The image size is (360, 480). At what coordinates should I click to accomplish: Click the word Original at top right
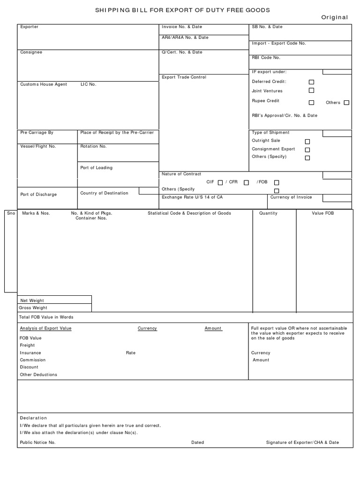pos(334,17)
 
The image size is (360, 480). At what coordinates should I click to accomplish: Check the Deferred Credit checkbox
pos(311,82)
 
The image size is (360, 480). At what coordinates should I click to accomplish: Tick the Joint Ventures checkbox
pos(311,90)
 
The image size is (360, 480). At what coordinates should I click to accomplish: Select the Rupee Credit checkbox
pos(311,102)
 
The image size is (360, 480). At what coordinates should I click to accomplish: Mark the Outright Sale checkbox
pos(307,141)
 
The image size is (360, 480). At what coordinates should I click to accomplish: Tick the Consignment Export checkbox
pos(307,150)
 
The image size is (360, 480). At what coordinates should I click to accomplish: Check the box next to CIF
pos(220,183)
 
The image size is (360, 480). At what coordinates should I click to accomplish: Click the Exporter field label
pos(29,27)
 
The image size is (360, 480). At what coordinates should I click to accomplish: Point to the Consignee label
pos(31,52)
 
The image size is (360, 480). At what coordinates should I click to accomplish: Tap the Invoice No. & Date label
pos(182,27)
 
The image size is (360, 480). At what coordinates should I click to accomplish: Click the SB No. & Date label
pos(267,27)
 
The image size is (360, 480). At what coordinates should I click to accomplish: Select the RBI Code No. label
pos(266,58)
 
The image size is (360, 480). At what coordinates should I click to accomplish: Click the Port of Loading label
pos(97,168)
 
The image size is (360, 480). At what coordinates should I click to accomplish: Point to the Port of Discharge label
pos(38,195)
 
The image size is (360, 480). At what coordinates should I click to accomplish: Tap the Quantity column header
pos(269,213)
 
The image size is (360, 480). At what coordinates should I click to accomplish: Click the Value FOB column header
pos(323,213)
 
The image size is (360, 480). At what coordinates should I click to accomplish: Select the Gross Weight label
pos(33,308)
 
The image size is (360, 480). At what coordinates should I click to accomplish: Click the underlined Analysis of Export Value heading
pos(45,329)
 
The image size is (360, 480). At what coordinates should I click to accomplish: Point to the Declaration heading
pos(33,418)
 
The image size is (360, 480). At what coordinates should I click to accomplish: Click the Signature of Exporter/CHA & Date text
pos(302,442)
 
